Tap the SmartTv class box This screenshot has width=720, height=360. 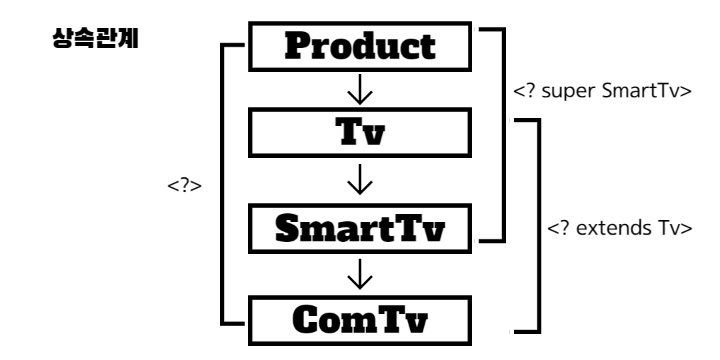pyautogui.click(x=360, y=231)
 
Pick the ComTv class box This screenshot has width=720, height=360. pyautogui.click(x=360, y=321)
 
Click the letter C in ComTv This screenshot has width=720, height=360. pyautogui.click(x=308, y=321)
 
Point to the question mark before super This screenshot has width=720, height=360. pyautogui.click(x=527, y=91)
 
